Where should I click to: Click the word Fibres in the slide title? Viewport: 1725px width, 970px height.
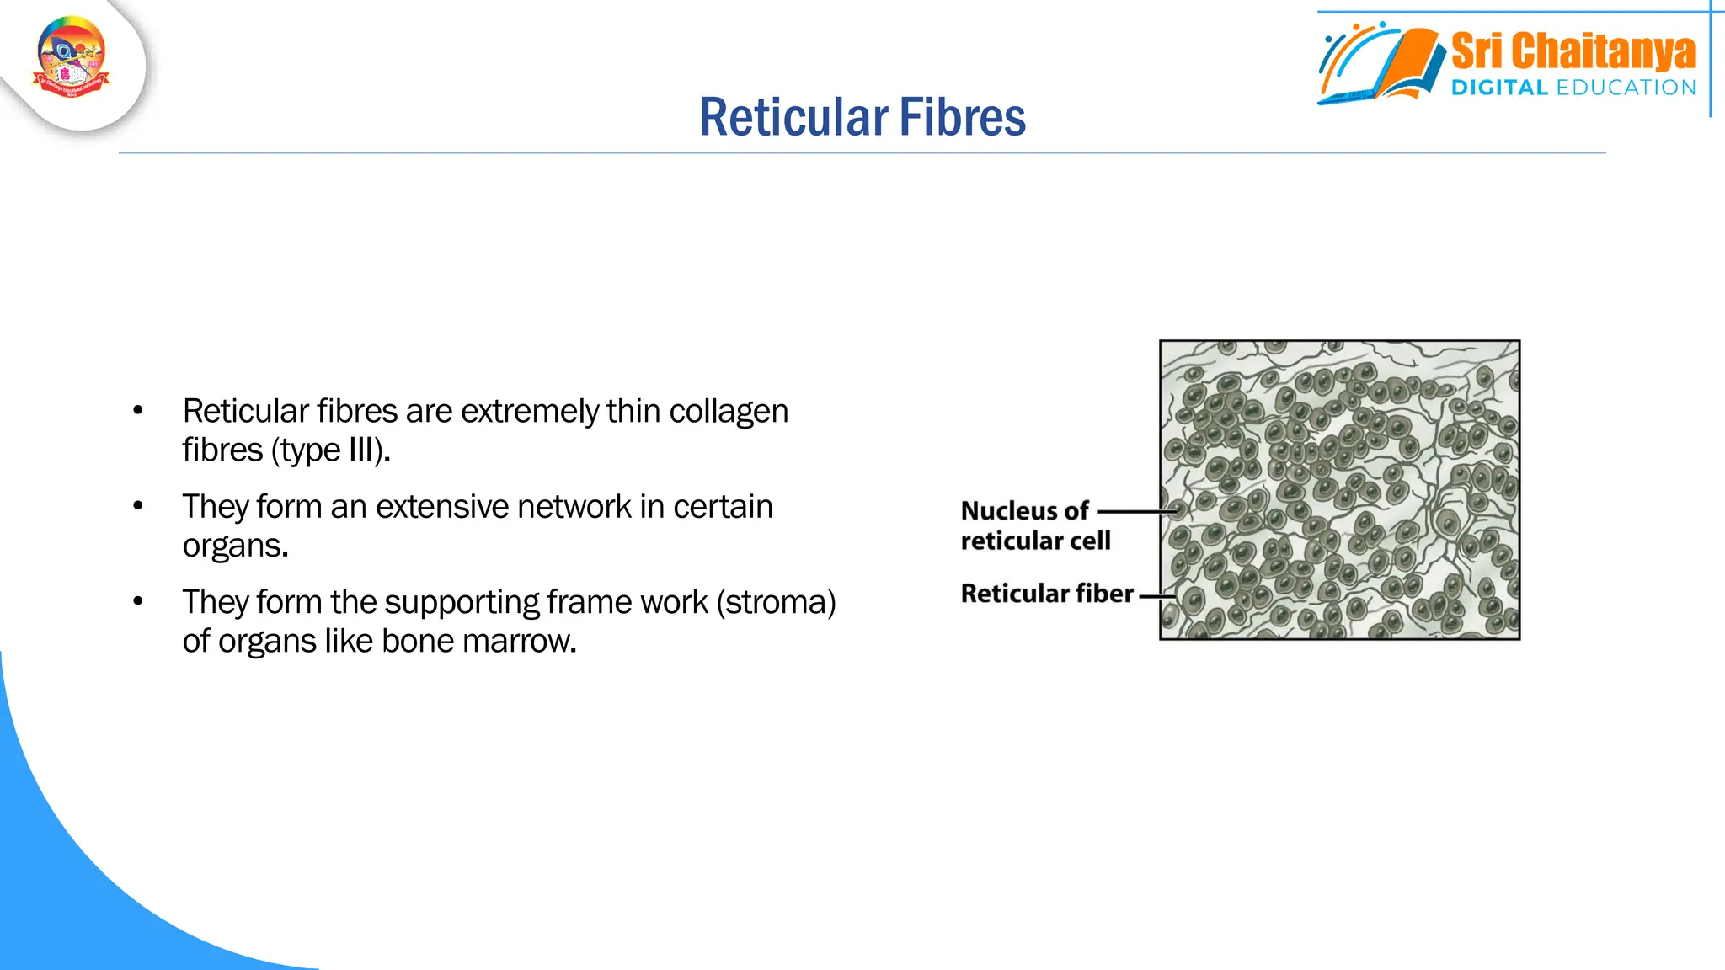click(962, 117)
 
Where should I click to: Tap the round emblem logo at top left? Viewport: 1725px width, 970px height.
click(72, 57)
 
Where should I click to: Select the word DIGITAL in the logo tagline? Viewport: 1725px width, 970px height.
click(1499, 88)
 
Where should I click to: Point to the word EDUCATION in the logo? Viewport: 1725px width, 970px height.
click(1626, 88)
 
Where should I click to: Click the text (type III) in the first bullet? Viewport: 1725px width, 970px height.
click(330, 450)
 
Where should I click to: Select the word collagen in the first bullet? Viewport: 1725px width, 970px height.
click(729, 412)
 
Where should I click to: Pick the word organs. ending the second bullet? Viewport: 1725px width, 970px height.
click(235, 546)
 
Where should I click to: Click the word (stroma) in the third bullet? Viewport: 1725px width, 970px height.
click(776, 602)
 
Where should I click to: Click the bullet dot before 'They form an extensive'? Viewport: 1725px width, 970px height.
click(138, 506)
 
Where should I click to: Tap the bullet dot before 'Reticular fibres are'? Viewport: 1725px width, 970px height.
click(138, 411)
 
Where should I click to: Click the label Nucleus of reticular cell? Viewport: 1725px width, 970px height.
click(1034, 525)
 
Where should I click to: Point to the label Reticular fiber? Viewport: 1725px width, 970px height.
click(1047, 594)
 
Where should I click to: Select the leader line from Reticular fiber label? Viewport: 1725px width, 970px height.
click(1156, 595)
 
